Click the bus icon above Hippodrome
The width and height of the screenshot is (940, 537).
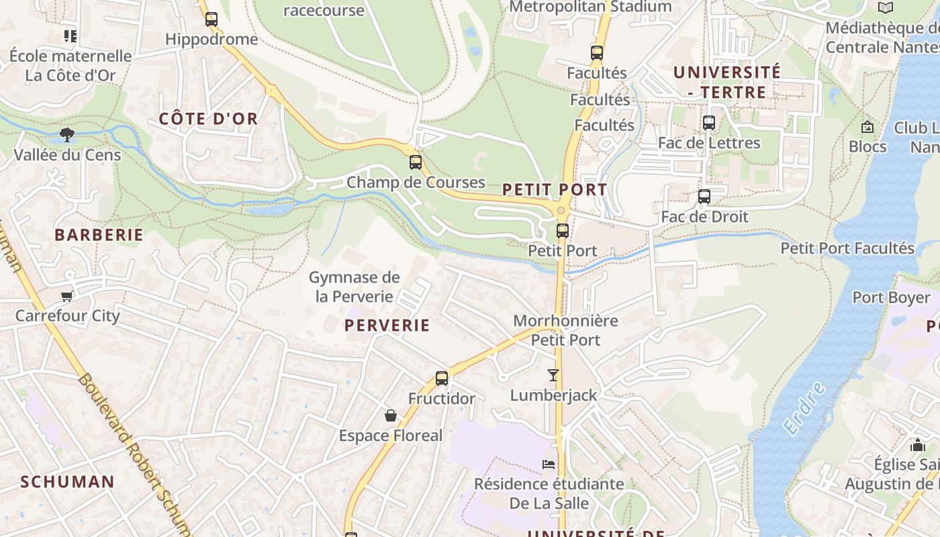[211, 19]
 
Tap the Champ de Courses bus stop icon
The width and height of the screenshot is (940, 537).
[416, 162]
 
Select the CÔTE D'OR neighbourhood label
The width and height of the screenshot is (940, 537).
[208, 119]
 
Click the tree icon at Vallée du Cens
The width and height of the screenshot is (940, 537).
[67, 135]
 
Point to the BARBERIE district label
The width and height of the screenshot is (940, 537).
[99, 235]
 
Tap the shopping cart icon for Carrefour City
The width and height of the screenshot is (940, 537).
[66, 296]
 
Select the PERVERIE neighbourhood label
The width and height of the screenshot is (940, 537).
[387, 326]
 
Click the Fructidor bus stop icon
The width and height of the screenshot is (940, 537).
[441, 379]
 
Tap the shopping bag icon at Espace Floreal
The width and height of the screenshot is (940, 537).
[391, 416]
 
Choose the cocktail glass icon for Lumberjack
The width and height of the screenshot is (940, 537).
[553, 375]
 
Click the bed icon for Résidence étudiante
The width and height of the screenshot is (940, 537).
[549, 464]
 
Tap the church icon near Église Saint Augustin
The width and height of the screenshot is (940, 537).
[917, 444]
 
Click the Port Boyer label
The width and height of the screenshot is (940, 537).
[891, 297]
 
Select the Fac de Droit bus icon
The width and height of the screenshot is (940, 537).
[704, 197]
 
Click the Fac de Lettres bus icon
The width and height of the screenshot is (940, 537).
[708, 123]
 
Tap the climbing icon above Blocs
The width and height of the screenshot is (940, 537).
[867, 127]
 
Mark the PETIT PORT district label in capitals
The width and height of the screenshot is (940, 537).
[555, 190]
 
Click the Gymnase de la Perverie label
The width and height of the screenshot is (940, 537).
[354, 287]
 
